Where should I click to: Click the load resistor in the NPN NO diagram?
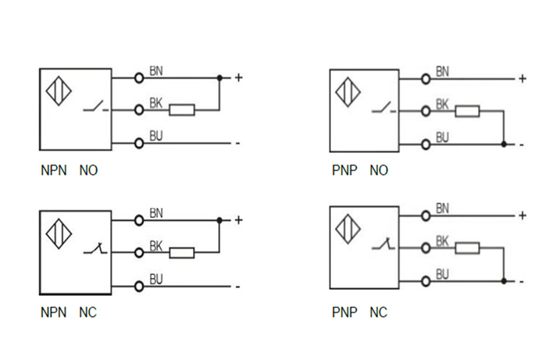point(182,110)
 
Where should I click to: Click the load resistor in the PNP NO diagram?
point(467,111)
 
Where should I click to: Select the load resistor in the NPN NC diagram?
point(182,252)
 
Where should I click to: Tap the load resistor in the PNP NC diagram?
point(467,248)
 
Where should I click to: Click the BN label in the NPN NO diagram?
point(156,72)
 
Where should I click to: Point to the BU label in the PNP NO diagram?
point(442,137)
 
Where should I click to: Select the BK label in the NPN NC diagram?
point(156,245)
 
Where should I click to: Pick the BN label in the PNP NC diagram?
point(442,208)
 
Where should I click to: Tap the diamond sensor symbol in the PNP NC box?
point(348,230)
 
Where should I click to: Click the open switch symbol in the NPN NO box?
point(95,108)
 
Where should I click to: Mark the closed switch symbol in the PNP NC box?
point(382,245)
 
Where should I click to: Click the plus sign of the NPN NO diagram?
point(238,78)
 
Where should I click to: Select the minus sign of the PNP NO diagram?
point(521,145)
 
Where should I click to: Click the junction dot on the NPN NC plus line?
point(219,220)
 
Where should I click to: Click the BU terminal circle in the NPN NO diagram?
point(139,143)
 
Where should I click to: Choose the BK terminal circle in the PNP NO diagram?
point(426,111)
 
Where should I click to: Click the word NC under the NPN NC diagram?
point(87,313)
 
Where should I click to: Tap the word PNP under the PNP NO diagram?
point(344,169)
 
